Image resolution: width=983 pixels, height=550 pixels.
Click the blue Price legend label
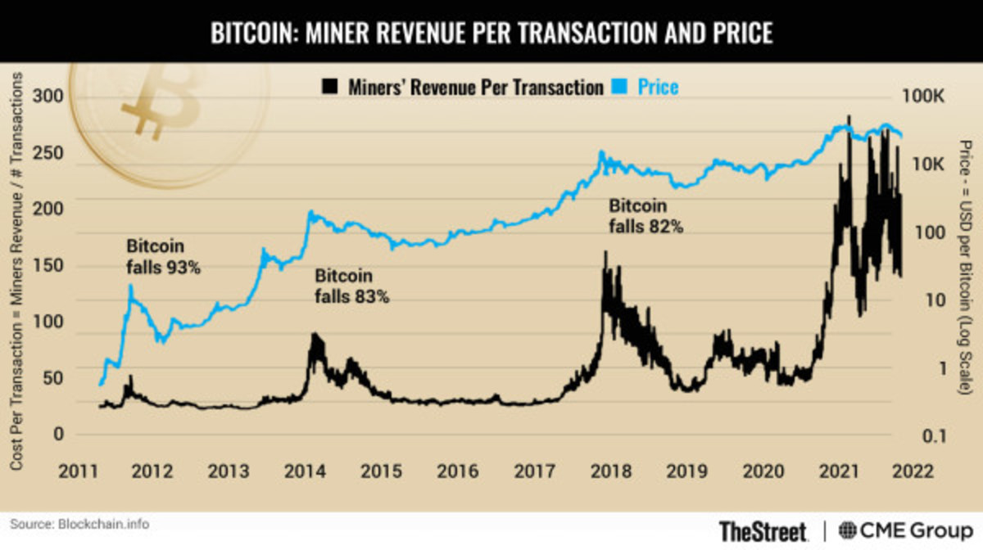[x=659, y=87]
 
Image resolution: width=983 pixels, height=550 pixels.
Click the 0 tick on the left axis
[x=57, y=434]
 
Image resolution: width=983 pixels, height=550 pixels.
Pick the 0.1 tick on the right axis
[x=922, y=435]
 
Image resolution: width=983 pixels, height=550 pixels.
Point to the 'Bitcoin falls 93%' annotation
[x=163, y=255]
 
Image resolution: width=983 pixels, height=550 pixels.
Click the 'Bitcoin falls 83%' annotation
[x=351, y=286]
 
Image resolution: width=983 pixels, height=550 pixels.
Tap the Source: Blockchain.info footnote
[x=80, y=523]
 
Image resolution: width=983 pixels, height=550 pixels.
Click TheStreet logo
[x=763, y=530]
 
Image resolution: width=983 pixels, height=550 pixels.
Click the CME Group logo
[x=901, y=530]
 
